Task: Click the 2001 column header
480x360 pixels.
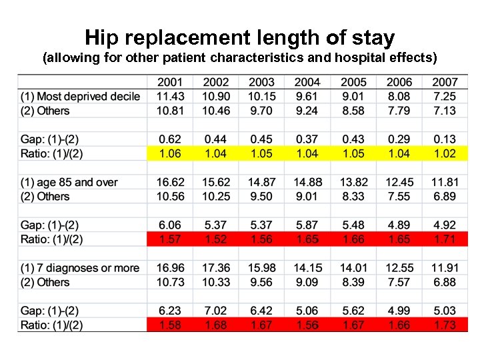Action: [x=169, y=82]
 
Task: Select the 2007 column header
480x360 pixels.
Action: [x=445, y=82]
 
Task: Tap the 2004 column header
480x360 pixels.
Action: [x=307, y=82]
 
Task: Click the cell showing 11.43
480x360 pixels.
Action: [x=169, y=97]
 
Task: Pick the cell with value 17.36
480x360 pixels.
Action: [x=215, y=268]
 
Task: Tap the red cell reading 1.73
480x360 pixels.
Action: [x=445, y=325]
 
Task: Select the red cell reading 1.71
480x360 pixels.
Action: [x=445, y=239]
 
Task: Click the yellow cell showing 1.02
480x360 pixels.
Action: [x=445, y=154]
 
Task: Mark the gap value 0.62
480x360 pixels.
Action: [x=169, y=139]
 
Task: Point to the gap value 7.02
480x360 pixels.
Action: [x=215, y=311]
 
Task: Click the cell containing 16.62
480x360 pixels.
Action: [x=169, y=183]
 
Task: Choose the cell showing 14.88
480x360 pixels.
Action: [x=307, y=183]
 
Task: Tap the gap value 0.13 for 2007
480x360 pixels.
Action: [x=445, y=139]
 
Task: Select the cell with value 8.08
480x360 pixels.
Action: [x=399, y=97]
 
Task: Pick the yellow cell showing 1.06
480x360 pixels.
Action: [x=169, y=154]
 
